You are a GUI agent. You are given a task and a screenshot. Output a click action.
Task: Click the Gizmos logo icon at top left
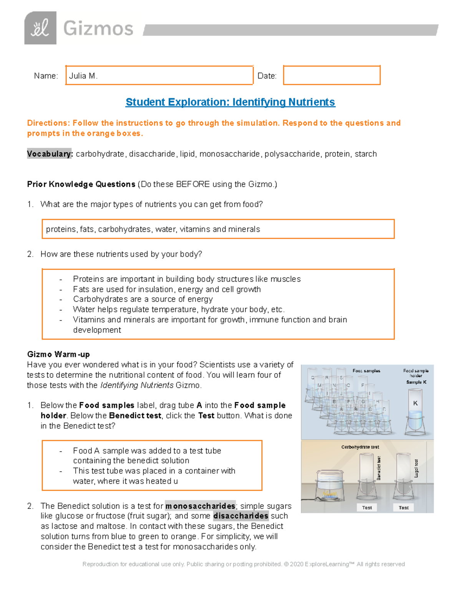[x=40, y=28]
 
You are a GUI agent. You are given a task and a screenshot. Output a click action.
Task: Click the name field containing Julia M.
[x=159, y=75]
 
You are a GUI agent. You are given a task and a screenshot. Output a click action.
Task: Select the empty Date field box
[x=332, y=75]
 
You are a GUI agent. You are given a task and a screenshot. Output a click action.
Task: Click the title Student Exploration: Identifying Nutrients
[x=230, y=102]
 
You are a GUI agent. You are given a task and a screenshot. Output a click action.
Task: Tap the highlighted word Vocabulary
[x=49, y=154]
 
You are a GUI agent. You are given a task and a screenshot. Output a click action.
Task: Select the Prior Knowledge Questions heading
[x=81, y=184]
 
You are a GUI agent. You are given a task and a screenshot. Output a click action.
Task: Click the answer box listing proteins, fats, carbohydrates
[x=218, y=229]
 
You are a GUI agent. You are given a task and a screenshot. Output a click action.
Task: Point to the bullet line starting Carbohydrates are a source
[x=143, y=299]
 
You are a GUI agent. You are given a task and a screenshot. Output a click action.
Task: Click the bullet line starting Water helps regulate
[x=179, y=309]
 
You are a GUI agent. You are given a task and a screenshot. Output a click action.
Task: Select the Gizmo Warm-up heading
[x=58, y=354]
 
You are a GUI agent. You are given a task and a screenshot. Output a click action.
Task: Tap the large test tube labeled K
[x=415, y=411]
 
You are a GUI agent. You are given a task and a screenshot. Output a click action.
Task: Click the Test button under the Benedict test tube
[x=367, y=507]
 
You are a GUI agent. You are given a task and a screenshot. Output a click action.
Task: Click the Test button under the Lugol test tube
[x=403, y=507]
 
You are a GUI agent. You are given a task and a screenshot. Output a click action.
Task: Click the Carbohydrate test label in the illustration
[x=360, y=447]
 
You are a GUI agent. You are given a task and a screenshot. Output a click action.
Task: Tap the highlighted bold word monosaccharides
[x=200, y=506]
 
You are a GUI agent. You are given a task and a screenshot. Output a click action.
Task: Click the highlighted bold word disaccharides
[x=240, y=516]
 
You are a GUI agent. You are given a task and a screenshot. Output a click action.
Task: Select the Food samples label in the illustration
[x=366, y=371]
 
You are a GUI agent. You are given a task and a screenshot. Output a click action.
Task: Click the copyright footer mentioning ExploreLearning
[x=244, y=564]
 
